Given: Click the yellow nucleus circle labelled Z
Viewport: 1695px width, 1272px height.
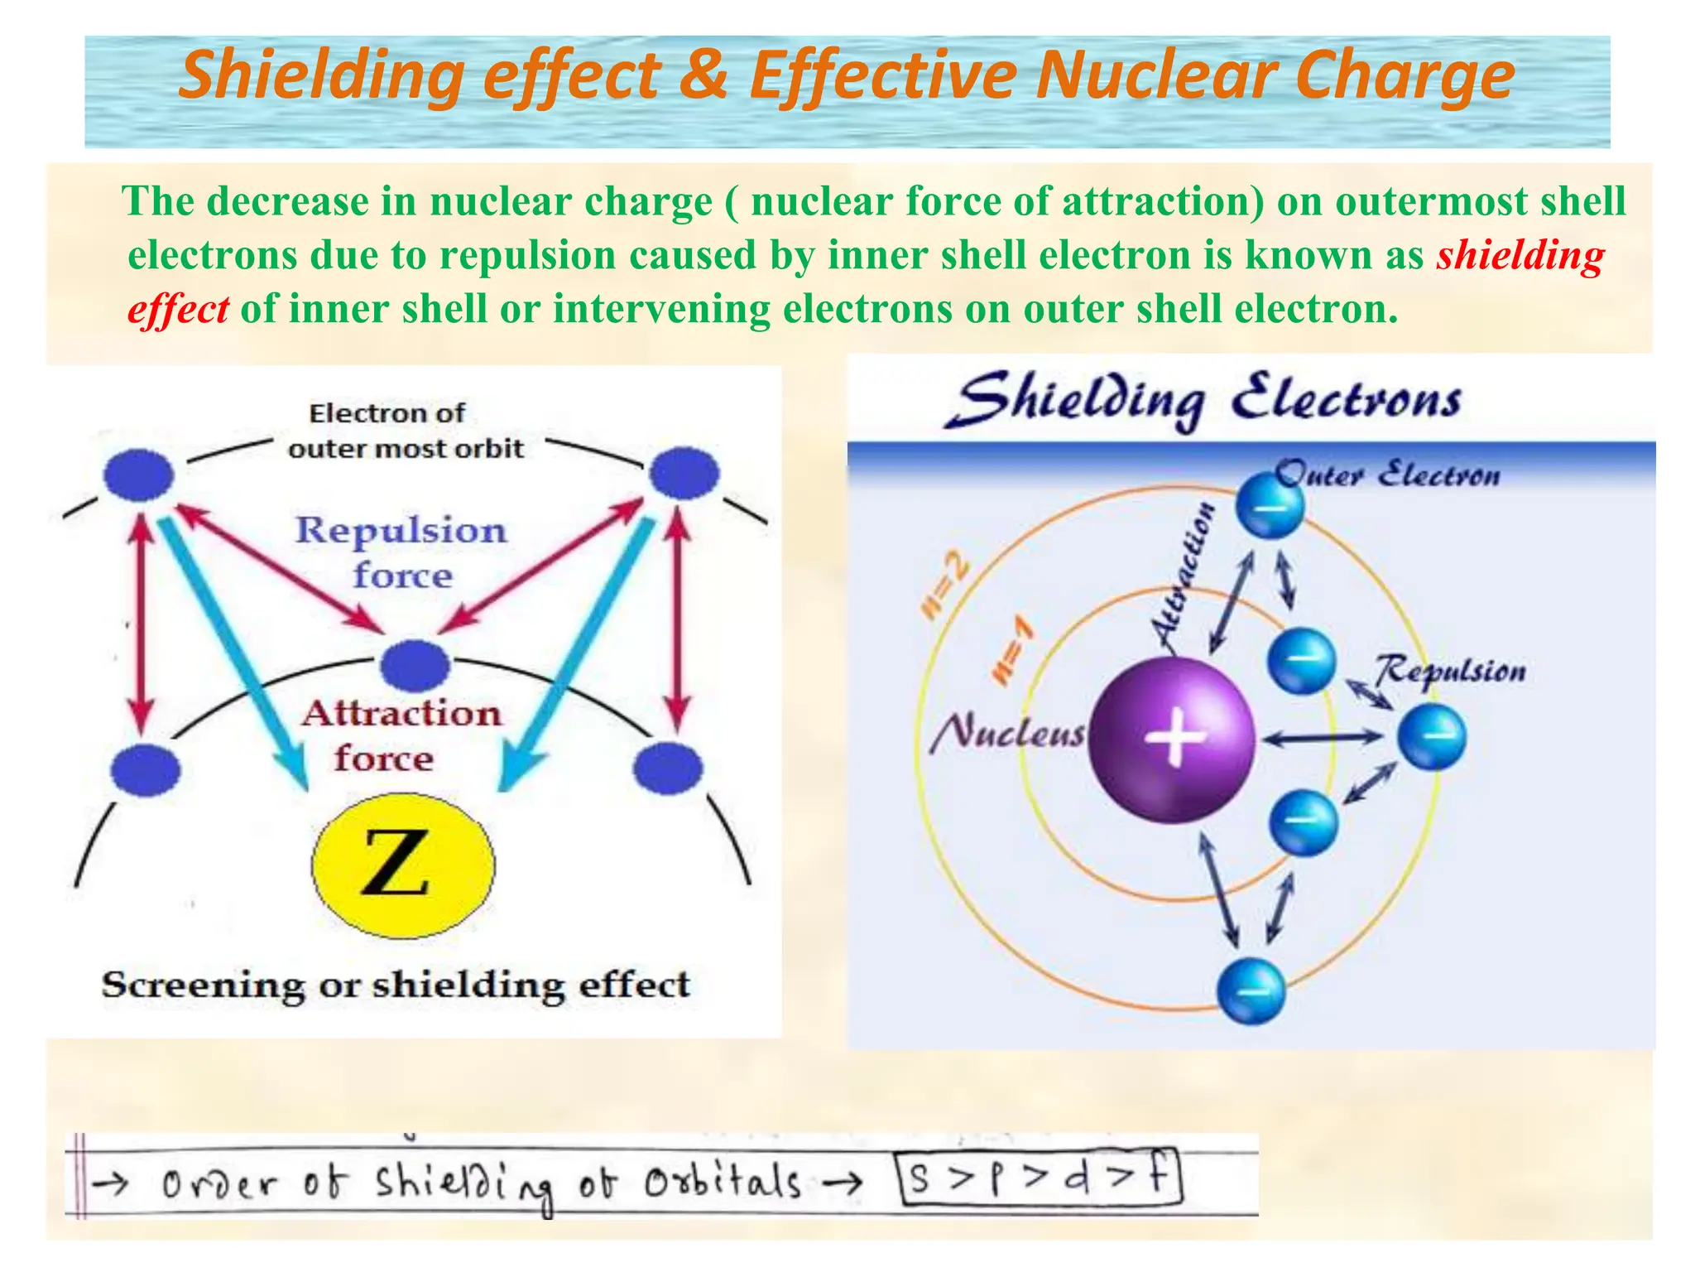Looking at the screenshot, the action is [x=403, y=864].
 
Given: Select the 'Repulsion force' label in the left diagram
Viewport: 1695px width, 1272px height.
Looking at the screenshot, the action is [x=401, y=552].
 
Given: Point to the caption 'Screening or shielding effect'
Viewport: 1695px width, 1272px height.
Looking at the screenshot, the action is [x=396, y=985].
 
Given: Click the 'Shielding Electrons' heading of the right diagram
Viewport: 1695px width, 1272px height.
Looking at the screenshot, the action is [x=1204, y=400].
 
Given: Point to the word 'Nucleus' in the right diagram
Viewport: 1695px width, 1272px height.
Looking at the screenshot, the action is [x=1006, y=732].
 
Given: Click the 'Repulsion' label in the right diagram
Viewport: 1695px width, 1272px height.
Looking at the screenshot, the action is [x=1451, y=670].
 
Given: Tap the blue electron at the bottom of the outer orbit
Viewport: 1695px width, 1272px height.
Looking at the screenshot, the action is [x=1251, y=990].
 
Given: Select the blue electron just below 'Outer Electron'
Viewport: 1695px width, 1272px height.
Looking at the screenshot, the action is [x=1270, y=505].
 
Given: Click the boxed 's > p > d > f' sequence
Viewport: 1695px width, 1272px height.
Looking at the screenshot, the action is [x=1040, y=1178].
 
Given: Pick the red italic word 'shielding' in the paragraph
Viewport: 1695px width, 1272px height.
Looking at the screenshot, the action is [x=1520, y=255].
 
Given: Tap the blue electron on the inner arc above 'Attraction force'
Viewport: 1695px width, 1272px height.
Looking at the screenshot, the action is [x=415, y=664].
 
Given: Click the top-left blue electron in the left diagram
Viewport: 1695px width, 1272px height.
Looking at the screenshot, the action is [x=139, y=475].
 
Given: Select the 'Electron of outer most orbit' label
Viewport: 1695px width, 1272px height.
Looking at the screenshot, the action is [x=405, y=431].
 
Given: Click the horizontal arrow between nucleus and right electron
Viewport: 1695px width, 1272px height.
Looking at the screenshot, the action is [x=1323, y=736].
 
